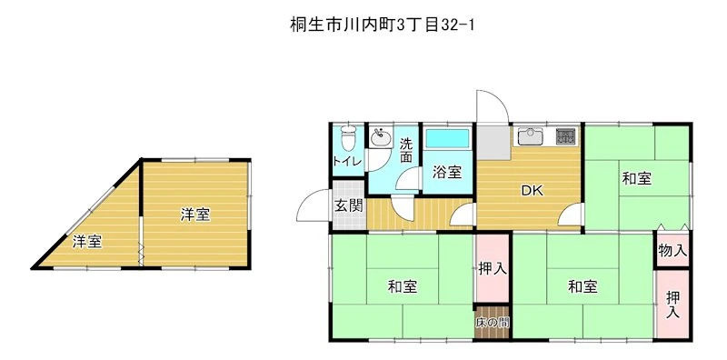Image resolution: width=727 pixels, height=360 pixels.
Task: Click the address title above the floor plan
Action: (x=383, y=25)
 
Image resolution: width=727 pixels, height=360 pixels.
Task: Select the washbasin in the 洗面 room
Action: (x=381, y=137)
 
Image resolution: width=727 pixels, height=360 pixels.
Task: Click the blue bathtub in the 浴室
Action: (x=447, y=138)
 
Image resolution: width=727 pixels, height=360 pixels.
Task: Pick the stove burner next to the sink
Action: (x=565, y=135)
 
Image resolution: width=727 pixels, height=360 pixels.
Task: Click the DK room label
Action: (x=532, y=190)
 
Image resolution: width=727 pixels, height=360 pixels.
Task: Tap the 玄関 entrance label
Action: (x=349, y=205)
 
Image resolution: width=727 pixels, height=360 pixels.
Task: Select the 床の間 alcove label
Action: (x=492, y=323)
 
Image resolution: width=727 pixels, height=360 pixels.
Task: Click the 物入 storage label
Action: (x=672, y=251)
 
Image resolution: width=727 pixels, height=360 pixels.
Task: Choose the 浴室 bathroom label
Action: (x=447, y=172)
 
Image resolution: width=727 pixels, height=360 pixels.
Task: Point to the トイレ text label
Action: (x=348, y=161)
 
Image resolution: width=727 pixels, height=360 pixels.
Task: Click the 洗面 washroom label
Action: (x=406, y=150)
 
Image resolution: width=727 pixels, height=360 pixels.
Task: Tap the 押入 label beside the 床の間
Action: (x=492, y=268)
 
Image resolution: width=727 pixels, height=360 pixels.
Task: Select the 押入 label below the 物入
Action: (x=672, y=304)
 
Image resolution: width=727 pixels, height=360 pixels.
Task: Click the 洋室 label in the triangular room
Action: (x=86, y=241)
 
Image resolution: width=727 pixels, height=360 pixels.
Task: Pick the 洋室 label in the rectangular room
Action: (x=195, y=215)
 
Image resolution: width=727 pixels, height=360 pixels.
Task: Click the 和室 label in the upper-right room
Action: (x=637, y=178)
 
